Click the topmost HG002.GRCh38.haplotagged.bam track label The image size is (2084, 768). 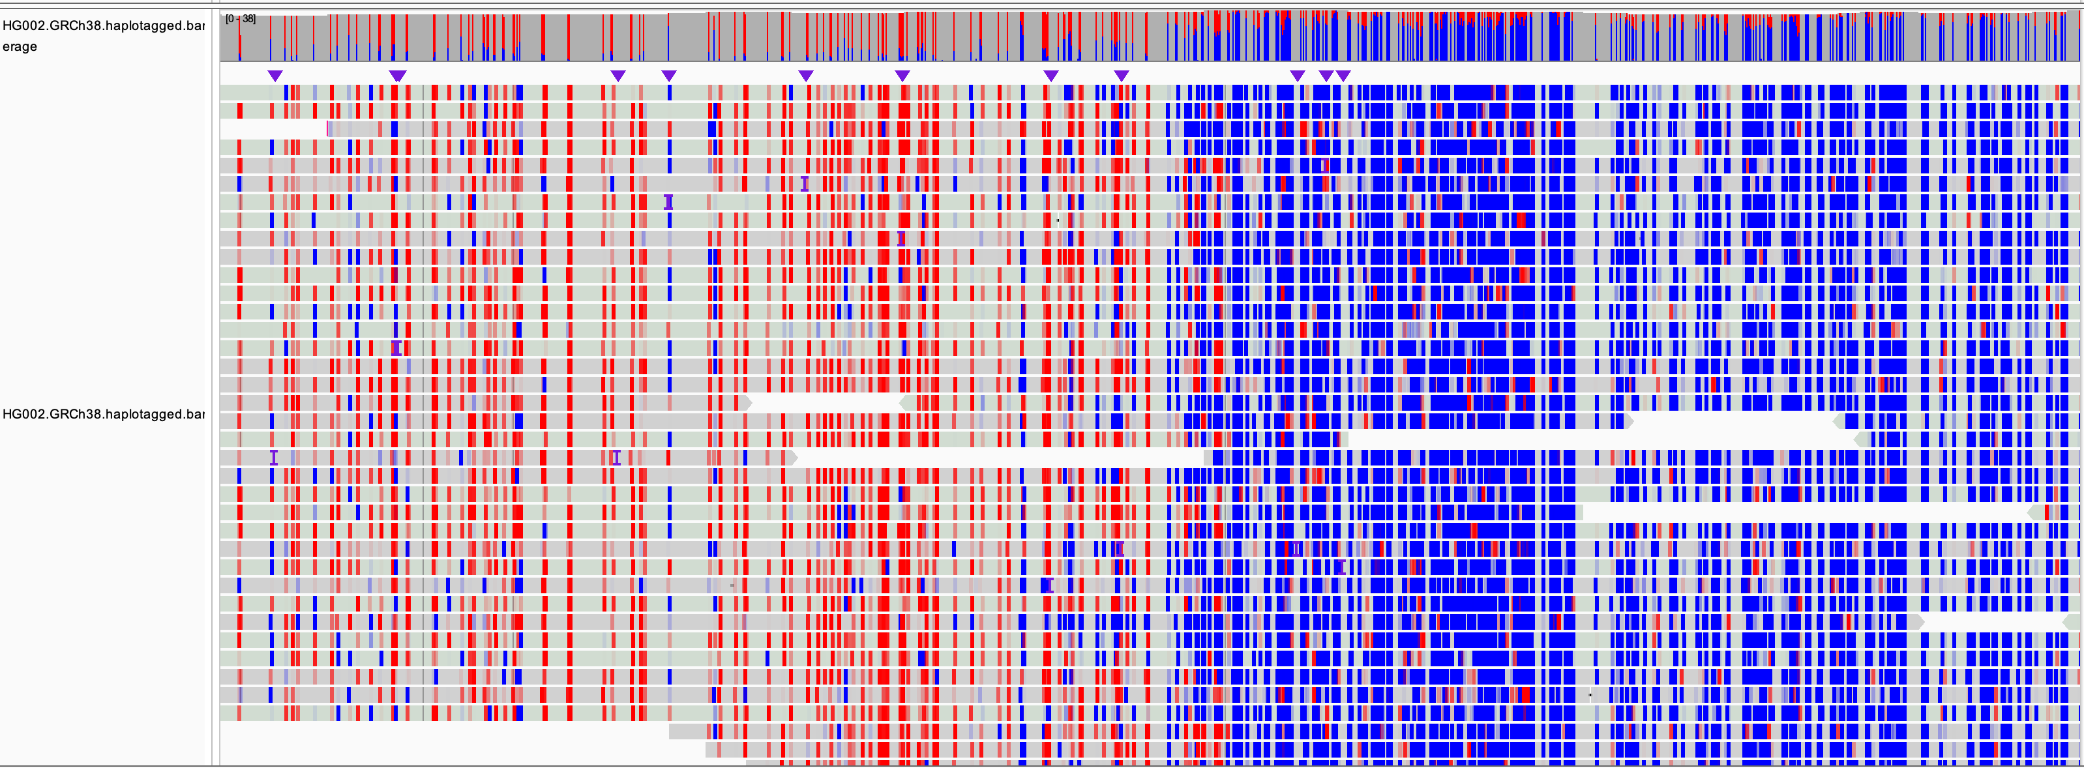(x=104, y=25)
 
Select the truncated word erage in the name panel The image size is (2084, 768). (x=20, y=46)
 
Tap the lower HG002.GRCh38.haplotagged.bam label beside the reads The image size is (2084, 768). (x=104, y=413)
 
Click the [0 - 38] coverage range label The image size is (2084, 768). (x=240, y=19)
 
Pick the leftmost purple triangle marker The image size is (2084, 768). (x=275, y=75)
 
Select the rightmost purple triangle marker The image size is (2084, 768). (x=1343, y=75)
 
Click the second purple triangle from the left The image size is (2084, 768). (x=397, y=75)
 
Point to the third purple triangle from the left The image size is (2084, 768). (x=618, y=75)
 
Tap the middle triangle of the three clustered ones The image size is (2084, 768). (x=1326, y=75)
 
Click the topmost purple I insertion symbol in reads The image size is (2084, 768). (x=804, y=184)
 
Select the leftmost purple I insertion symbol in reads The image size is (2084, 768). (x=273, y=457)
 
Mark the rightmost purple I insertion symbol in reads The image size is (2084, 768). (x=1341, y=567)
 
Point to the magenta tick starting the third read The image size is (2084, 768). (x=327, y=128)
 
